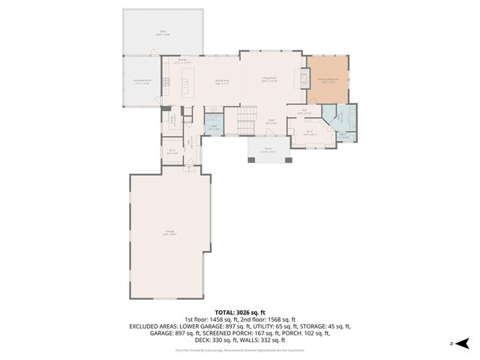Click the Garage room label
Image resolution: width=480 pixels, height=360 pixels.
[169, 233]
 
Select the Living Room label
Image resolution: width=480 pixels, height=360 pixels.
[269, 79]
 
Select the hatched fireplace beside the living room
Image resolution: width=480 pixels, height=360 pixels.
[303, 79]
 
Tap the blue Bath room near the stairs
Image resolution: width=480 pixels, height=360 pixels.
[214, 126]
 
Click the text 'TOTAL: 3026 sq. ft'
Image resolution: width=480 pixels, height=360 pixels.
[240, 311]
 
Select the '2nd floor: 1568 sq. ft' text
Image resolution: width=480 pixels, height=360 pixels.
[268, 319]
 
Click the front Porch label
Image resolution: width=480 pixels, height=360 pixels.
[268, 151]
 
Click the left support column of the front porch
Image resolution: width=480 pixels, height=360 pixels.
[250, 160]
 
